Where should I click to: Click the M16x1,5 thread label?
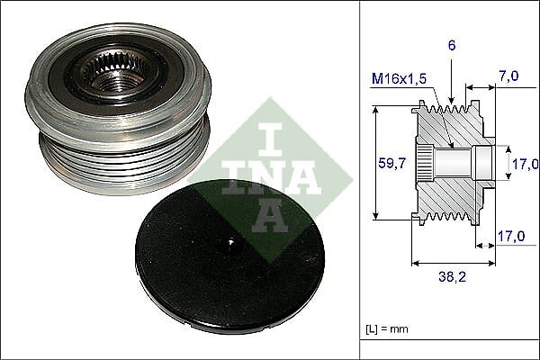tap(399, 79)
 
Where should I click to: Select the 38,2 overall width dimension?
tap(453, 276)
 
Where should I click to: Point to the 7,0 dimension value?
tap(508, 76)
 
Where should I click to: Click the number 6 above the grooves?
tap(452, 45)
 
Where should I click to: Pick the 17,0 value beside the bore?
tap(526, 164)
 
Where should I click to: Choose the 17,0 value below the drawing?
tap(511, 237)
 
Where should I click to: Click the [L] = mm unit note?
tap(387, 329)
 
